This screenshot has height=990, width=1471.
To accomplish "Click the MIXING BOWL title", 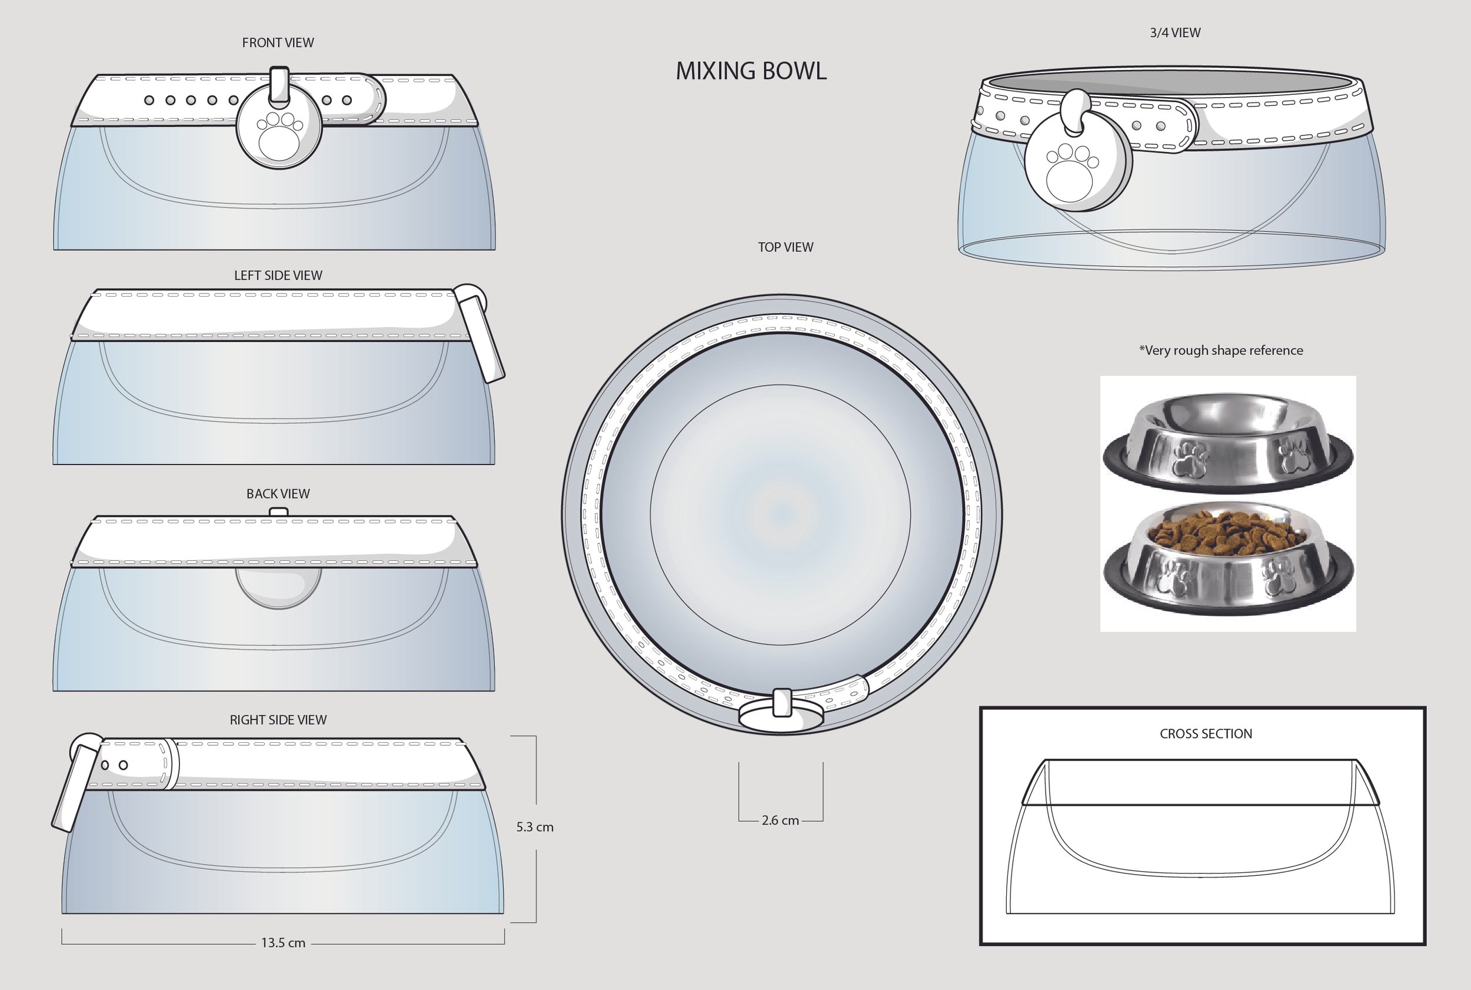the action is (x=751, y=71).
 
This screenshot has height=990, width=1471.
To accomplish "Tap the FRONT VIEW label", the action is (x=278, y=42).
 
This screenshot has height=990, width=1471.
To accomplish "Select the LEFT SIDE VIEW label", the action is (x=278, y=275).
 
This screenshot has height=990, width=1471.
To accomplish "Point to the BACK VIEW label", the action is (x=278, y=494).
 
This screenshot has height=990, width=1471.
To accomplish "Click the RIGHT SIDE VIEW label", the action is (x=278, y=720).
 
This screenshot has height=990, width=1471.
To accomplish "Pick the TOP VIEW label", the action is (x=786, y=247).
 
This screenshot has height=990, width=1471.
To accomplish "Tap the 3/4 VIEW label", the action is (x=1175, y=33).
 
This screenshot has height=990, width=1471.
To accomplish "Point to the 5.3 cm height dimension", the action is (x=534, y=827).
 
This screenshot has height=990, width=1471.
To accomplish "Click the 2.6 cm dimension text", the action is (x=780, y=820).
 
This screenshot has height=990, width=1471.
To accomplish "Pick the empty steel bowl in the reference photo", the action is (x=1228, y=442).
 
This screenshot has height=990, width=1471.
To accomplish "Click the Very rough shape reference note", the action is (x=1221, y=350).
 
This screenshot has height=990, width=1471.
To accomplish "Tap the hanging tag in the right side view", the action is (x=76, y=783).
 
